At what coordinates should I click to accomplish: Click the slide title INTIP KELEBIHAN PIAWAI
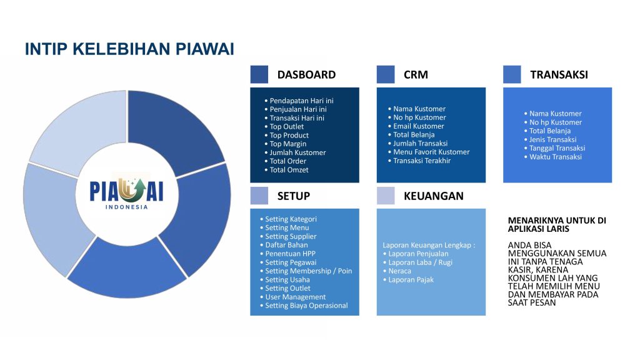(x=129, y=49)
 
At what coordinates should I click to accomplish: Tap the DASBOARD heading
(x=306, y=75)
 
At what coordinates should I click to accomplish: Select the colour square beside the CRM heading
(x=385, y=74)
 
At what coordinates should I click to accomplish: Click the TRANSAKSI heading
(x=559, y=75)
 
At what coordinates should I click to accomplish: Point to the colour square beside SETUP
(x=259, y=196)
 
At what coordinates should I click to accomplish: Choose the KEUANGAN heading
(x=434, y=196)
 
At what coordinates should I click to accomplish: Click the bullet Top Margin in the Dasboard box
(x=287, y=144)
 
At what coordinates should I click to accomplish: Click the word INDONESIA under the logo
(x=126, y=207)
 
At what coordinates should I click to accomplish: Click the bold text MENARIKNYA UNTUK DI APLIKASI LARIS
(x=557, y=224)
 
